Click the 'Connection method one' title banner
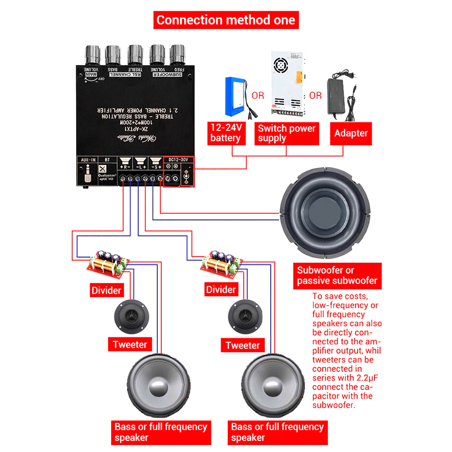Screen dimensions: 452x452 (x=226, y=20)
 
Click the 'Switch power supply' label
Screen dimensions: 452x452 (x=287, y=133)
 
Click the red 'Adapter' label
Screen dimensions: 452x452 (x=351, y=133)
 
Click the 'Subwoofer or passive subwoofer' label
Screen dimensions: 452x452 (x=337, y=276)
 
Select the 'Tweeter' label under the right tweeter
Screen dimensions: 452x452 (x=243, y=346)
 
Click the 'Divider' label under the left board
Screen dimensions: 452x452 (x=107, y=290)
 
